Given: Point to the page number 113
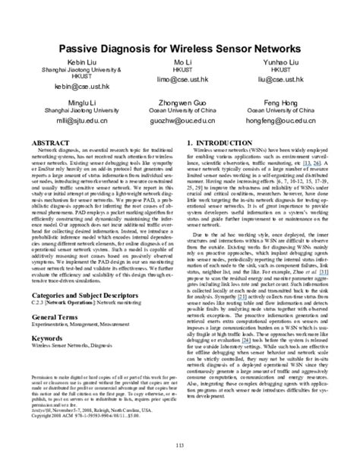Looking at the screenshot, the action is (x=180, y=445).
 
